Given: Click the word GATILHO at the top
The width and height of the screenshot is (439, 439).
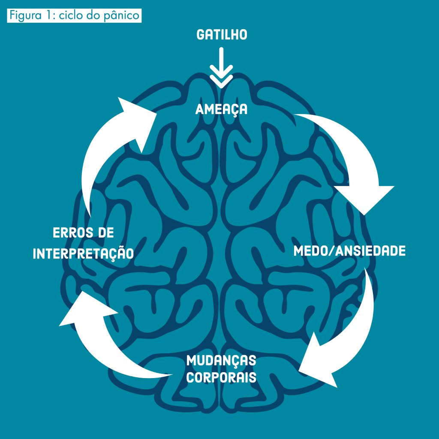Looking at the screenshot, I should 222,34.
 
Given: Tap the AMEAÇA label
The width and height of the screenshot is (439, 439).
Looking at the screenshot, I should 221,109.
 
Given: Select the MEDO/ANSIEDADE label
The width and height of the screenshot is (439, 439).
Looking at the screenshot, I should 349,251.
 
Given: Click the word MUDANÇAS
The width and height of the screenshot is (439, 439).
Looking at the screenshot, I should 221,361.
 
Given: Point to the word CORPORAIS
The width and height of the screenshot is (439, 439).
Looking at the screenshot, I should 221,378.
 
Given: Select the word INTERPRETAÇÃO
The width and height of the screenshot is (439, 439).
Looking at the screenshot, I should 83,253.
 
